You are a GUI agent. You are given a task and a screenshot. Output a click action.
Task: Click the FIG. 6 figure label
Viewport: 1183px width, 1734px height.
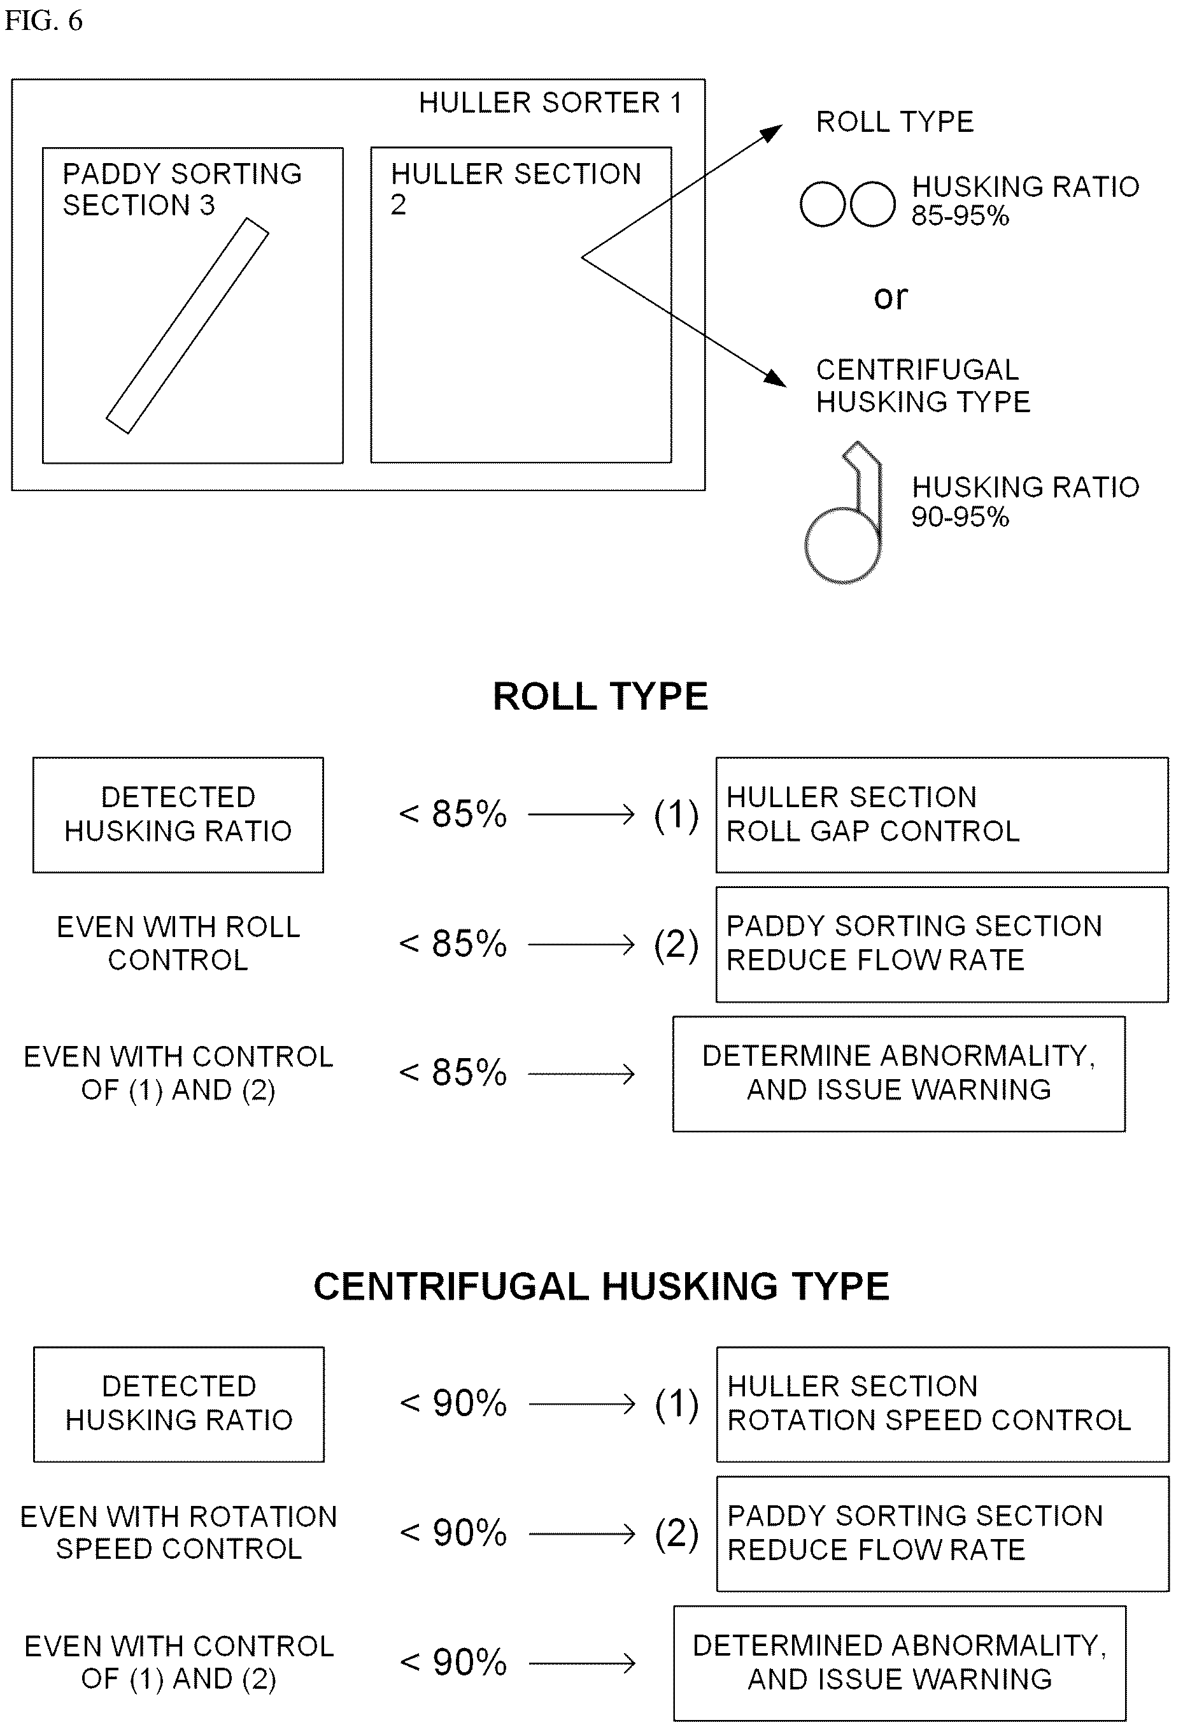[43, 21]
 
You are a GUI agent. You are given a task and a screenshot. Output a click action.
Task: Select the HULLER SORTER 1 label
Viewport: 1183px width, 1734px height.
[551, 102]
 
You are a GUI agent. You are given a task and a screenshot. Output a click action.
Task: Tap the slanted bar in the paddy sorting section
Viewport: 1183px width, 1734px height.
[187, 326]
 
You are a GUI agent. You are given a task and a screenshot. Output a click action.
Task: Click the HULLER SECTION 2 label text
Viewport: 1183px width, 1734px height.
[516, 189]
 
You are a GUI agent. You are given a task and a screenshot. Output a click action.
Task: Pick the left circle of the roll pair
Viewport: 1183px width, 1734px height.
[822, 204]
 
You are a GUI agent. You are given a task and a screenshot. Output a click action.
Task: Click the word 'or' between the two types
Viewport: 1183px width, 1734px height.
[891, 297]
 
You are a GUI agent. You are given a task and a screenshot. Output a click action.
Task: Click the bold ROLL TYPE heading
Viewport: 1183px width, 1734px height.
[600, 696]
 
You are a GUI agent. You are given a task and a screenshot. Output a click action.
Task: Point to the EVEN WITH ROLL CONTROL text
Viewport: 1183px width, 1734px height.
[178, 943]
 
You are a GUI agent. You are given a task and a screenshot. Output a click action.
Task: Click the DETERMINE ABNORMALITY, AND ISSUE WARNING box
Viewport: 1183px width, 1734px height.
[899, 1073]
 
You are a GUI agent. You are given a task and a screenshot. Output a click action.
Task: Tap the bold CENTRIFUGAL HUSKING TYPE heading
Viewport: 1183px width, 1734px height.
[601, 1286]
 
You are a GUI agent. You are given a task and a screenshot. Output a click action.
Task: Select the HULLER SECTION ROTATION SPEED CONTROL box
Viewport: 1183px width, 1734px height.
[943, 1404]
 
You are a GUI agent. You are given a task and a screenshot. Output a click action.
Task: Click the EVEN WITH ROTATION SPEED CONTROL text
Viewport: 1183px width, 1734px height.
[178, 1533]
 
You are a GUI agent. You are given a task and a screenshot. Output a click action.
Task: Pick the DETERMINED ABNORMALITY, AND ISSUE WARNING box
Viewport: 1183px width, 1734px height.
[900, 1663]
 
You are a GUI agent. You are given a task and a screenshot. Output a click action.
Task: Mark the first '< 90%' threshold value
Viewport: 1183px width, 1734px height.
[453, 1403]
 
